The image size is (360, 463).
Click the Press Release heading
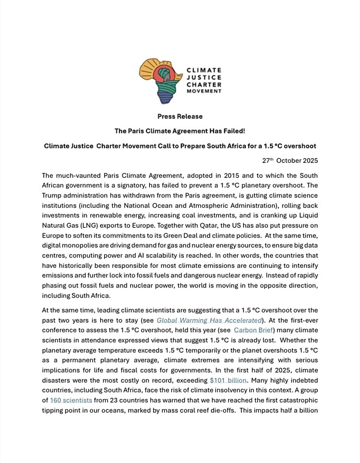click(180, 117)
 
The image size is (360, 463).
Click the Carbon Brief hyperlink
click(252, 330)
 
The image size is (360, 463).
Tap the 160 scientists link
click(71, 400)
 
